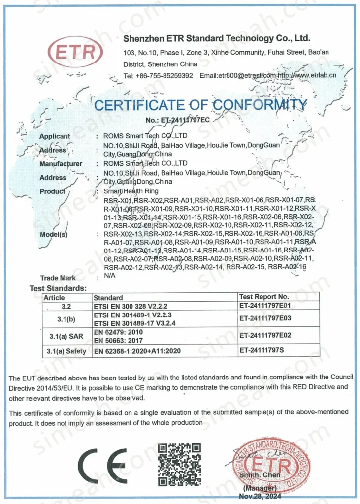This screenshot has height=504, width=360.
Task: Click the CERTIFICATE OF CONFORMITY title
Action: pos(200,105)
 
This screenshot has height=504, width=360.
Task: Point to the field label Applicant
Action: pos(55,136)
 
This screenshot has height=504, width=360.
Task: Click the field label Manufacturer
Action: pos(61,164)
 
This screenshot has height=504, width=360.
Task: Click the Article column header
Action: pos(54,297)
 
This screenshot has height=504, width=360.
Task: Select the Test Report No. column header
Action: pos(263,297)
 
